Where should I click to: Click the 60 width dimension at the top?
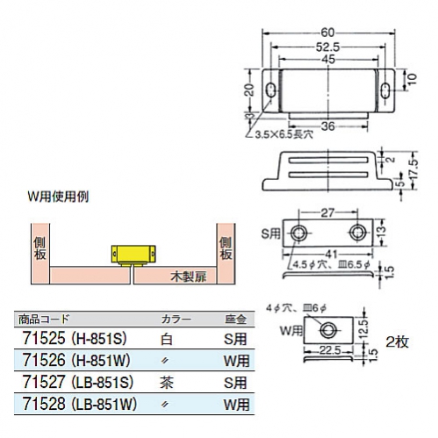pos(327,32)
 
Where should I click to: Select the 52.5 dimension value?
pos(327,47)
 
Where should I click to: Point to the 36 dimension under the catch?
pos(327,126)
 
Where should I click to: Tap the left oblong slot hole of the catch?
pos(272,90)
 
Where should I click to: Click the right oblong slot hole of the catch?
pos(385,90)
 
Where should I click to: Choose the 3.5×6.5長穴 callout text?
pos(284,135)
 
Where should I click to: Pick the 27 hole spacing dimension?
pos(327,212)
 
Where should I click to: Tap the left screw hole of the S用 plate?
pos(298,233)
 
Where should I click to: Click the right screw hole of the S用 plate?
pos(357,233)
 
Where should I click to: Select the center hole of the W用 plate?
pos(327,330)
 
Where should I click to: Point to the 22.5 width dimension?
pos(331,350)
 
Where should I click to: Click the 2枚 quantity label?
pos(397,341)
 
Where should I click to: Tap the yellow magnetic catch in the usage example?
pos(133,255)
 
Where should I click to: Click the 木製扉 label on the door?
pos(189,276)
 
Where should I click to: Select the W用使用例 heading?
pos(58,197)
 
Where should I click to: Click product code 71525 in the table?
pos(44,339)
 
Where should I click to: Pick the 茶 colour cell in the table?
pos(167,383)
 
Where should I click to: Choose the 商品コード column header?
pos(44,319)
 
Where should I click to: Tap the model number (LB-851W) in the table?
pos(104,404)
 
